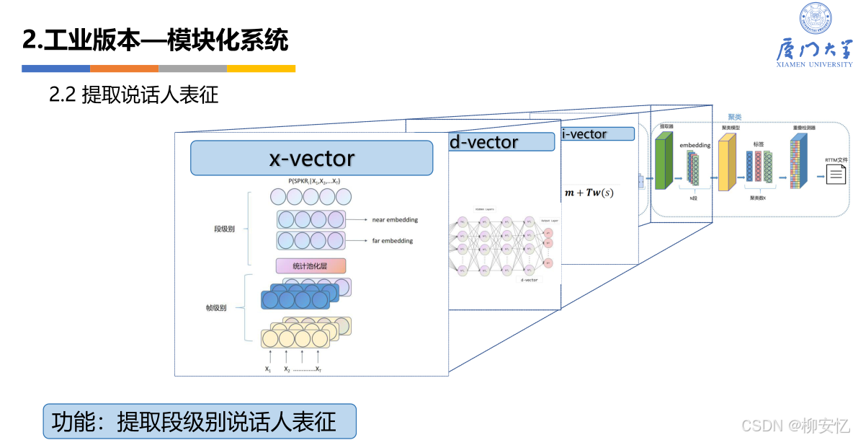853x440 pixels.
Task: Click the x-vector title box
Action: point(311,158)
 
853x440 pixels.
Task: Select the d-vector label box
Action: point(501,142)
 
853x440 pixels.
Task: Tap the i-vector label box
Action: point(597,134)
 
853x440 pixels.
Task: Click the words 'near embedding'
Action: point(395,219)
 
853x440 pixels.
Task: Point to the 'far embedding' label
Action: point(392,241)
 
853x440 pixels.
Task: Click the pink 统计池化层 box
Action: point(311,266)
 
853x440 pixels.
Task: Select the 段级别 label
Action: point(225,229)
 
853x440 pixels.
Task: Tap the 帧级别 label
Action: point(216,308)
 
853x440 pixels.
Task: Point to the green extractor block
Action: point(664,162)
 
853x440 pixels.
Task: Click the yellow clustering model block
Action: point(727,163)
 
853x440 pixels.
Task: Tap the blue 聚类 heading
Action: point(734,117)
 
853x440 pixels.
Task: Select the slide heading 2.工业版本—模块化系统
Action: point(156,40)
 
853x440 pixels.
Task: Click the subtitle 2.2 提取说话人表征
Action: point(133,95)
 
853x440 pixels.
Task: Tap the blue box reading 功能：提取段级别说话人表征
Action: point(200,421)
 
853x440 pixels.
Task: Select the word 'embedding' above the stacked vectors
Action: point(695,145)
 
